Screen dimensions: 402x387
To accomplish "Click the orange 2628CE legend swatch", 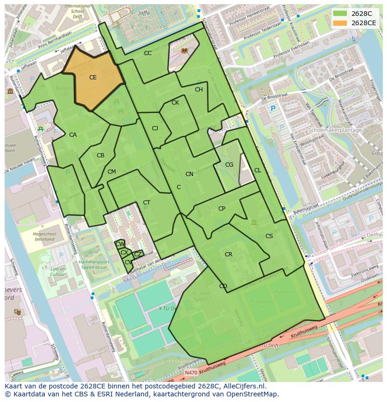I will click(341, 23).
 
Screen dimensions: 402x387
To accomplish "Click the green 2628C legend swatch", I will click(341, 14).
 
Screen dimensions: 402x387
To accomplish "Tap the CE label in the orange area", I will click(93, 78).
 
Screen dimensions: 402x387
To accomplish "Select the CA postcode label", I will click(73, 135).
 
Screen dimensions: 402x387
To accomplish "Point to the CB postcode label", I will click(100, 155).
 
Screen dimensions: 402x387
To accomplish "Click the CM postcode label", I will click(111, 172).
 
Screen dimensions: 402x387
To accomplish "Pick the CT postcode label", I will click(147, 203).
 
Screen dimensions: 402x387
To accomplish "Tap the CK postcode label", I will click(175, 103).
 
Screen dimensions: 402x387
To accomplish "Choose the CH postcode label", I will click(199, 90).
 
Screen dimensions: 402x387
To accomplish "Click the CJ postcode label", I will click(155, 128).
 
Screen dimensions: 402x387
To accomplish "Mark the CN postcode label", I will click(189, 174).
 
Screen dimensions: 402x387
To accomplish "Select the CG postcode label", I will click(229, 165).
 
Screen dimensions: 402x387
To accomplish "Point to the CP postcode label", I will click(222, 209).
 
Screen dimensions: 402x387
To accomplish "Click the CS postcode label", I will click(269, 236).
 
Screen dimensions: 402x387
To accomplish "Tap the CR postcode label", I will click(229, 254).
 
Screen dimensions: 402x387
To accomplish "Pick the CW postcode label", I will click(120, 244).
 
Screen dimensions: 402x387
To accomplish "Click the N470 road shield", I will click(191, 373).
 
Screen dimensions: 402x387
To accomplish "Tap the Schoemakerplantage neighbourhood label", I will click(335, 130).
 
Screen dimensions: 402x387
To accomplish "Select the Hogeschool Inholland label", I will click(44, 237).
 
